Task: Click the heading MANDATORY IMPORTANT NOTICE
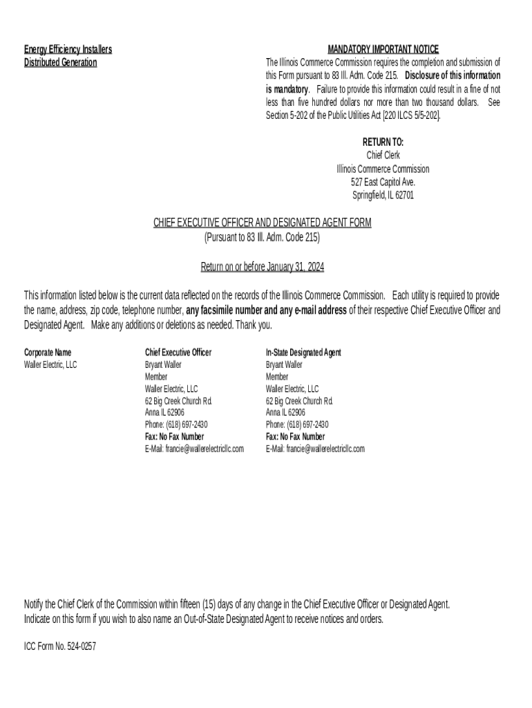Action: [383, 49]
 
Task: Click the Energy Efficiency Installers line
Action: [68, 49]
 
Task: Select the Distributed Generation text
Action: [61, 62]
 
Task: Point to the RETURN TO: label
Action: [383, 142]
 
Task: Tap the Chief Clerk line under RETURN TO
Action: [383, 155]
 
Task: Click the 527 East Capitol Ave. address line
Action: [383, 182]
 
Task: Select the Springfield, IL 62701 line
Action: [383, 195]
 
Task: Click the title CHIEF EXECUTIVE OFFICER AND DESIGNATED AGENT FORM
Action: [262, 222]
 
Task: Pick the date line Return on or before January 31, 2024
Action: [262, 266]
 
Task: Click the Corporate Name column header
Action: [48, 352]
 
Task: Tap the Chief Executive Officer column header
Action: [178, 352]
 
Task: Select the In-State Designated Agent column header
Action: [303, 352]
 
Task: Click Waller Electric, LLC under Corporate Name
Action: [51, 364]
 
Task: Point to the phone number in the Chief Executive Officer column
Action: [176, 425]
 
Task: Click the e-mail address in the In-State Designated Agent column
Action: [315, 449]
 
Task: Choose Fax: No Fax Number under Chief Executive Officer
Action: [174, 437]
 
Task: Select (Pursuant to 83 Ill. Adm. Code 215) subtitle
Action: [262, 236]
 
